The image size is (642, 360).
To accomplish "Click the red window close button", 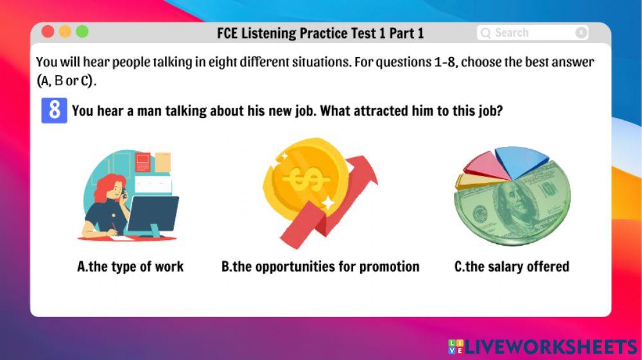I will tap(48, 31).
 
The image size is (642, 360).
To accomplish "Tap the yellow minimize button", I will tap(65, 31).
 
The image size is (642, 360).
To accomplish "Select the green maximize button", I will tap(82, 31).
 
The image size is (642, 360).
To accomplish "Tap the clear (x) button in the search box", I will tap(581, 33).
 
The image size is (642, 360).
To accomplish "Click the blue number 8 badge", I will tap(54, 110).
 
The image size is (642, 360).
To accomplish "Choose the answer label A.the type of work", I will tap(130, 266).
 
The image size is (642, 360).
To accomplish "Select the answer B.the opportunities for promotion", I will tap(320, 266).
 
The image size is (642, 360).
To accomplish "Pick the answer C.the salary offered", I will tap(512, 266).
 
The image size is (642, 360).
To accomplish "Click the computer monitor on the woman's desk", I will tap(153, 215).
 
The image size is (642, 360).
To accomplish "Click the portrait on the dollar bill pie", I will tap(514, 205).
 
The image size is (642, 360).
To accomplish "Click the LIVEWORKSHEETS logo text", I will tap(550, 347).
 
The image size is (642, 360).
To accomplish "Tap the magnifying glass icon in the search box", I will tap(486, 33).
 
